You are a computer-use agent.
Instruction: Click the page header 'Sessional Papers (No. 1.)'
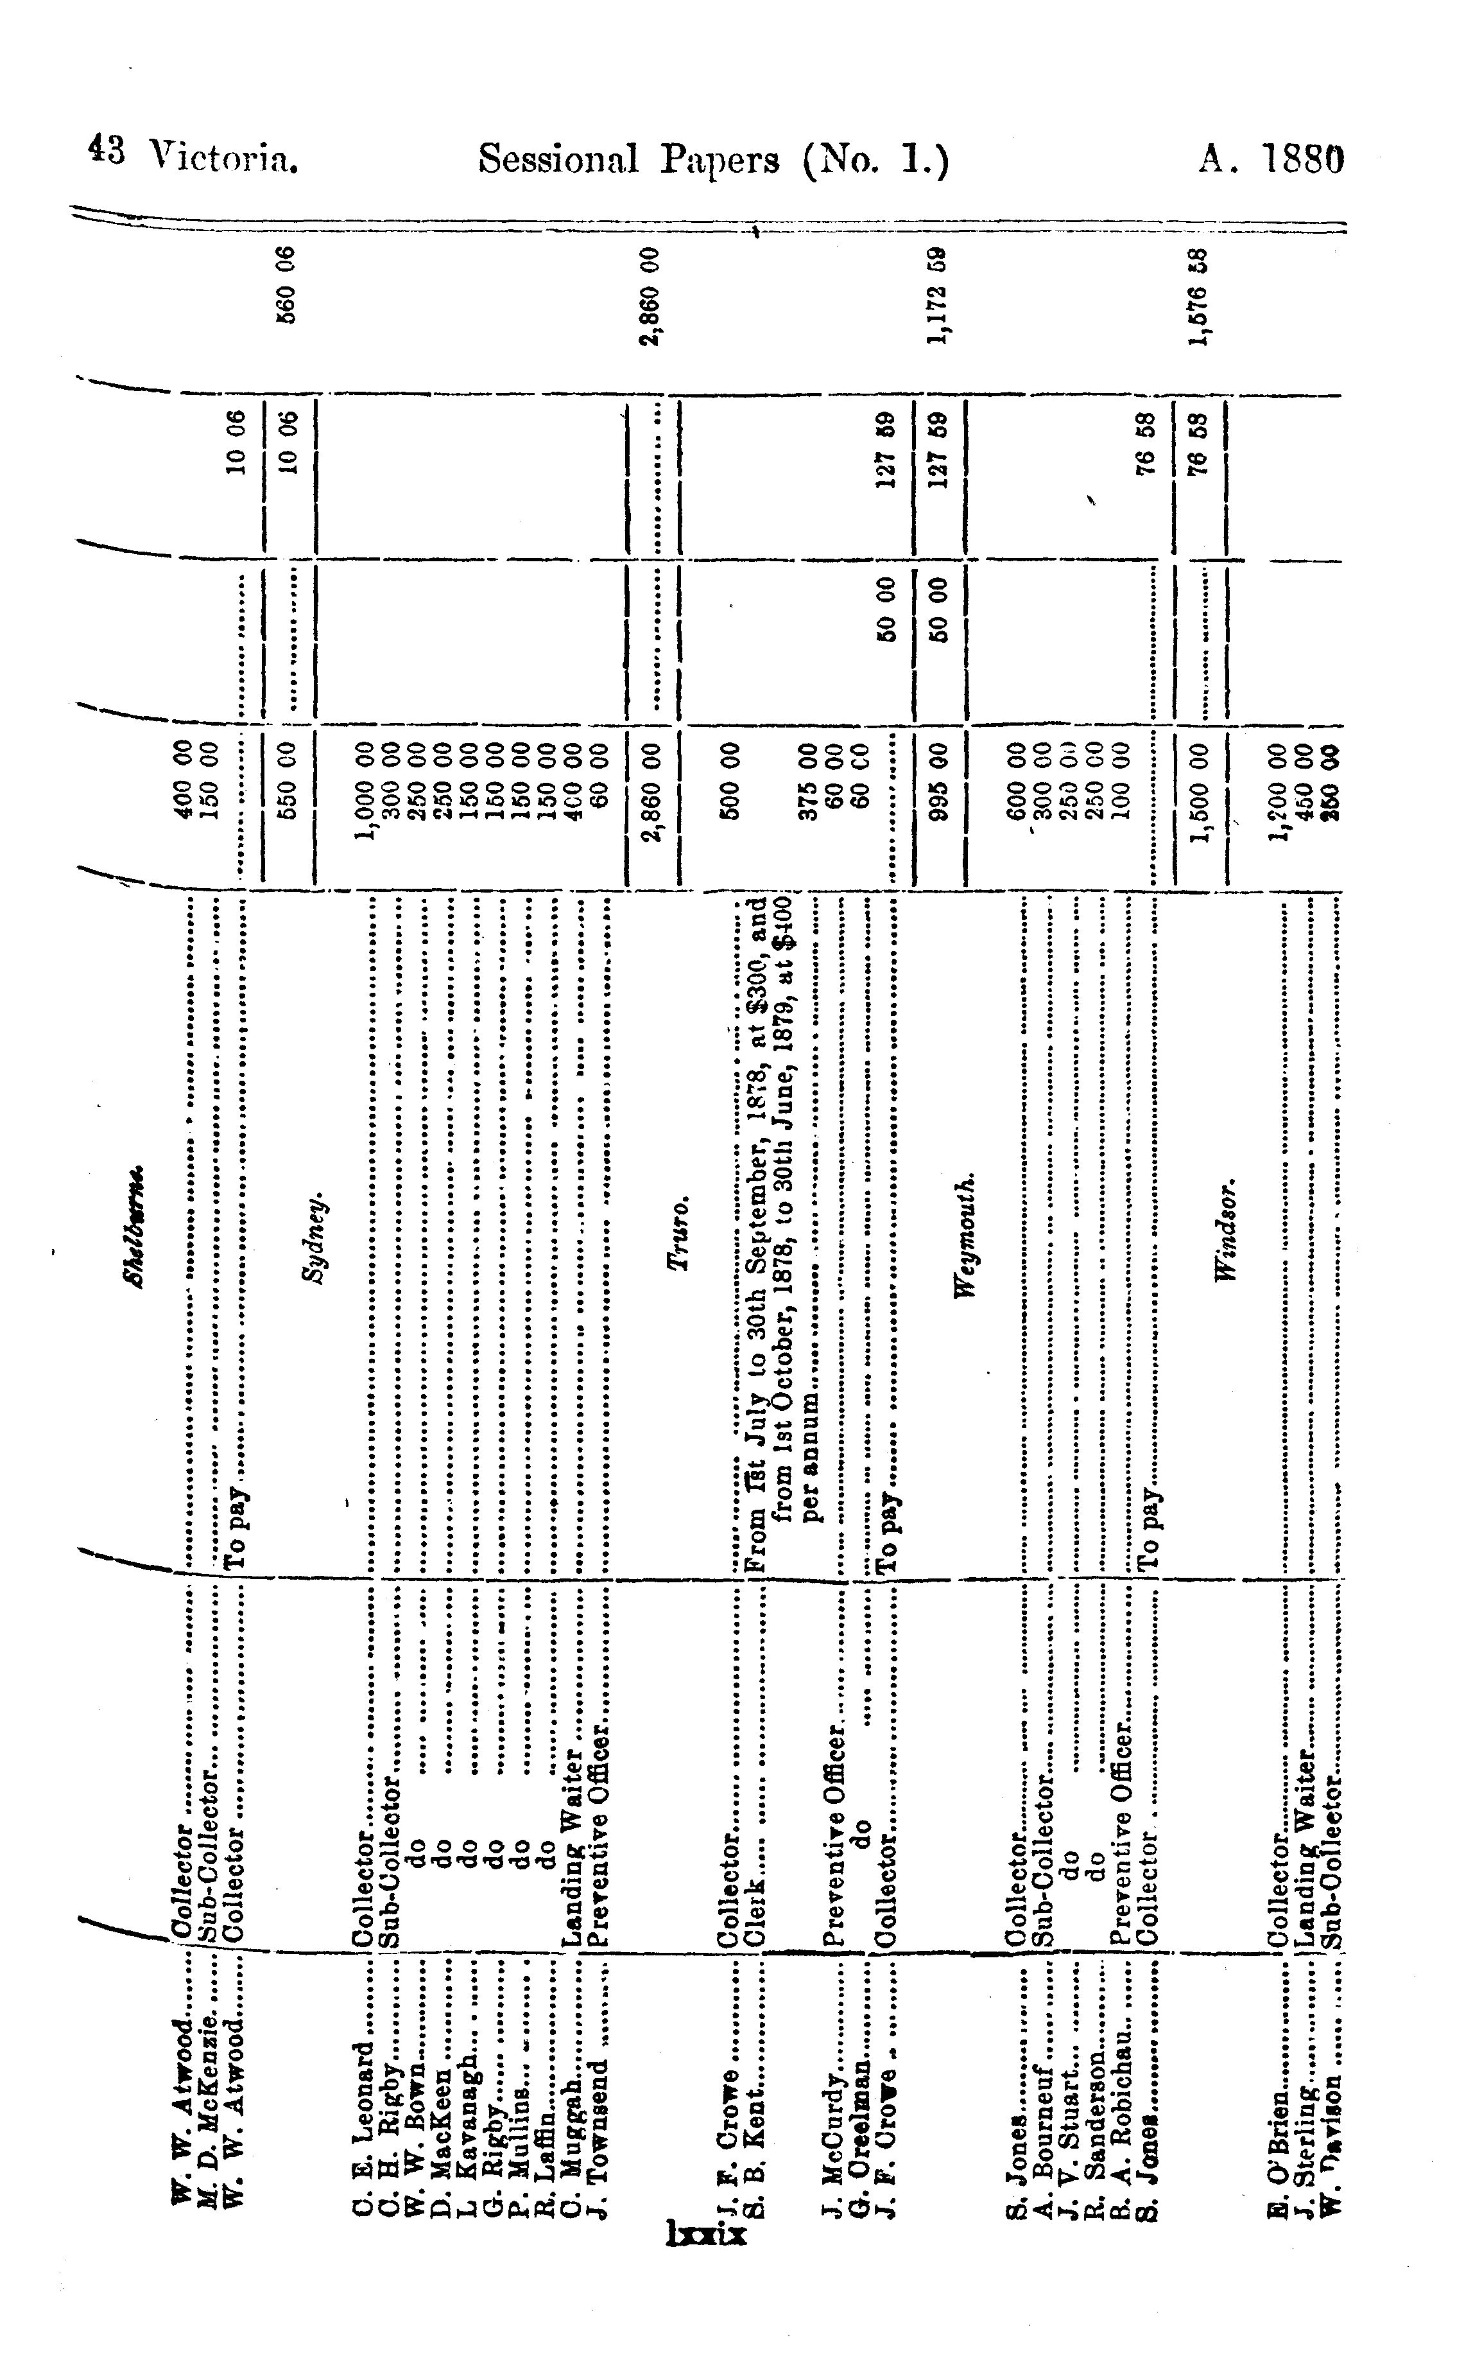714,159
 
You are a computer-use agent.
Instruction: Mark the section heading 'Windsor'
1225,1230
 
